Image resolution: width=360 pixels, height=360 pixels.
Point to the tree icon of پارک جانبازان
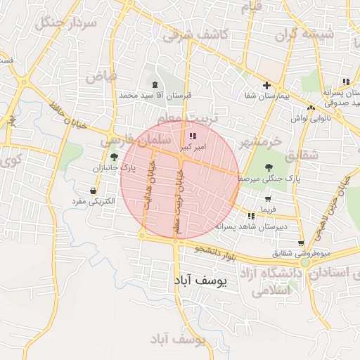115,158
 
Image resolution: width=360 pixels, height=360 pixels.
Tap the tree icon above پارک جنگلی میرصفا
269,167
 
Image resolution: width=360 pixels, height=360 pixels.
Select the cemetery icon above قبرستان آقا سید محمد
155,84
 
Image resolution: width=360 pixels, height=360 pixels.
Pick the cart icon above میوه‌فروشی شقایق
300,243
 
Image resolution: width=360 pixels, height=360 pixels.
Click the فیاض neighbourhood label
101,75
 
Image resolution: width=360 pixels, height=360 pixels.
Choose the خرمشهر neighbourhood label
259,142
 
